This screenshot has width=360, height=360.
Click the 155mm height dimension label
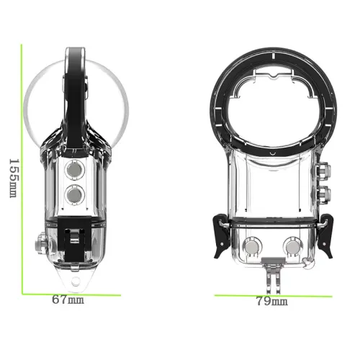(x=14, y=178)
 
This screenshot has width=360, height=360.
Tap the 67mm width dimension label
(x=68, y=300)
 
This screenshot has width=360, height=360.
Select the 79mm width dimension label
(x=272, y=301)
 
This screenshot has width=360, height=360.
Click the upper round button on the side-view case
(x=75, y=170)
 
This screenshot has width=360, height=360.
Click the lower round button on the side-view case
(x=75, y=194)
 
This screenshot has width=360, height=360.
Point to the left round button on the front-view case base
(x=252, y=247)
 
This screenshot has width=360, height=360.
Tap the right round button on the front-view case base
(x=293, y=247)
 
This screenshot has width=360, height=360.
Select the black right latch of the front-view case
(x=325, y=236)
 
